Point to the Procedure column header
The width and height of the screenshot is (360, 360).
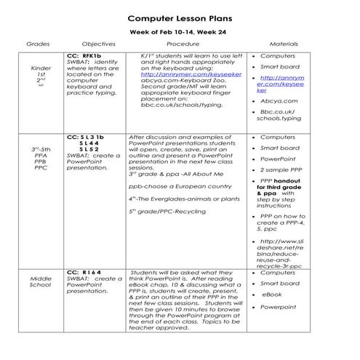click(183, 44)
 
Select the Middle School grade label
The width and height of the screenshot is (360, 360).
click(41, 282)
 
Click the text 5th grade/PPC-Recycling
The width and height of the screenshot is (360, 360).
click(167, 211)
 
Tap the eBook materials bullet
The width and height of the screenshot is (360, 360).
click(272, 295)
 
